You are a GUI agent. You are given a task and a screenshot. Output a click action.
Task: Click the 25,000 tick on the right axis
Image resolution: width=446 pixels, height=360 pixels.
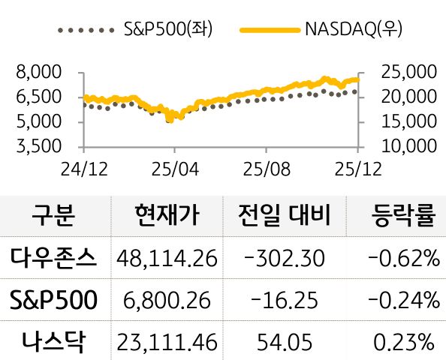coord(410,73)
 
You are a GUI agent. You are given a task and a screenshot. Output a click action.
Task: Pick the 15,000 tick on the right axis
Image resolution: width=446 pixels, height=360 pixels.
coord(410,121)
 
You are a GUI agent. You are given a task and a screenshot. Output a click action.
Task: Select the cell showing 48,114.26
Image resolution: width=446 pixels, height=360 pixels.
coord(167,259)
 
